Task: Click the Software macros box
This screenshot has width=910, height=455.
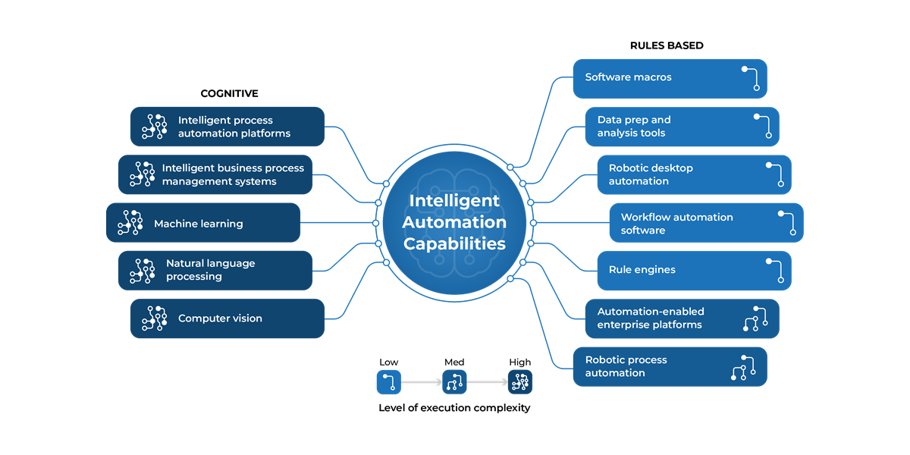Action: tap(670, 78)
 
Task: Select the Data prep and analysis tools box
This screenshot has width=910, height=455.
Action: tap(682, 127)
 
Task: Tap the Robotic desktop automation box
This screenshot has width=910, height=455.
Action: tap(694, 174)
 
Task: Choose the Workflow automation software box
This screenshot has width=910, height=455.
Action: tap(706, 223)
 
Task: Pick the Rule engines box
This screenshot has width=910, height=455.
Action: tap(694, 271)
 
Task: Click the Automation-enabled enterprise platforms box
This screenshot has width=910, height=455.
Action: tap(682, 318)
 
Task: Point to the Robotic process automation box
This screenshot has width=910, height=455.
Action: tap(670, 366)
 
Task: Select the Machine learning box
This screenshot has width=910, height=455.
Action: tap(203, 223)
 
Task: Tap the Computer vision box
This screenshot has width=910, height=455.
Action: tap(227, 318)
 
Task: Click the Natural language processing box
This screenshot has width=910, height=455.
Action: tap(215, 271)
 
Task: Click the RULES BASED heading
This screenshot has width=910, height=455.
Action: tap(667, 45)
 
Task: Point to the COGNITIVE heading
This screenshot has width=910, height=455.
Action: tap(229, 94)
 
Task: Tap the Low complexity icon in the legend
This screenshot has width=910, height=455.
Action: tap(389, 382)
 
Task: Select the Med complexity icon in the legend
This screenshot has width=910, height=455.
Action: tap(454, 382)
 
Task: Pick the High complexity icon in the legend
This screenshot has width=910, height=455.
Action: tap(520, 382)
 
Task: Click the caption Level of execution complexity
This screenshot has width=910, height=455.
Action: tap(454, 408)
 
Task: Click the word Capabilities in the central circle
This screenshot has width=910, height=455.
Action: tap(454, 243)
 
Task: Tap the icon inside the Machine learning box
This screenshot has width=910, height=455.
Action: tap(130, 223)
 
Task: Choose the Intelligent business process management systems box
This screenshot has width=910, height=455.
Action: tap(215, 174)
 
